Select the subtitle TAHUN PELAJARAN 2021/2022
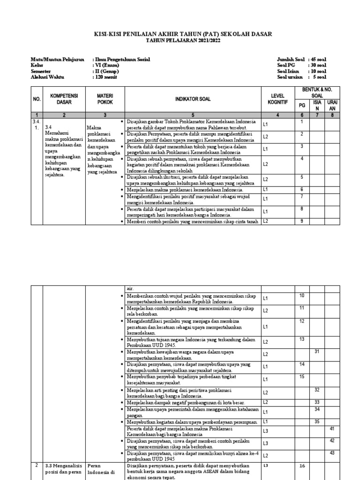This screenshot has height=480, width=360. (x=180, y=41)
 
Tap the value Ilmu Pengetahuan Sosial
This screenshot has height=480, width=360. (x=120, y=60)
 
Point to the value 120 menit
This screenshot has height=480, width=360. (x=105, y=77)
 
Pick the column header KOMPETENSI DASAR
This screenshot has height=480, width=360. (x=64, y=98)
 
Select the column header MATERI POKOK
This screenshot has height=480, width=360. (x=105, y=98)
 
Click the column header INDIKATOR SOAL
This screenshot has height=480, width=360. (x=193, y=99)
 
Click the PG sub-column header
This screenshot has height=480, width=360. (x=302, y=105)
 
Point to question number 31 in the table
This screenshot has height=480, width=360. (x=317, y=352)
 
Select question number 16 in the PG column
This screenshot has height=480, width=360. (x=302, y=466)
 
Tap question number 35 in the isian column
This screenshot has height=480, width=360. (x=317, y=421)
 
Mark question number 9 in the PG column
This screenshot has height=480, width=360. (x=302, y=220)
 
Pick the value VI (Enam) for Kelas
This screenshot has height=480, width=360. (x=106, y=65)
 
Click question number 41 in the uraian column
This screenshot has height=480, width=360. (x=332, y=428)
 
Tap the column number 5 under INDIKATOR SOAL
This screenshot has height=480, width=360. (x=193, y=114)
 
